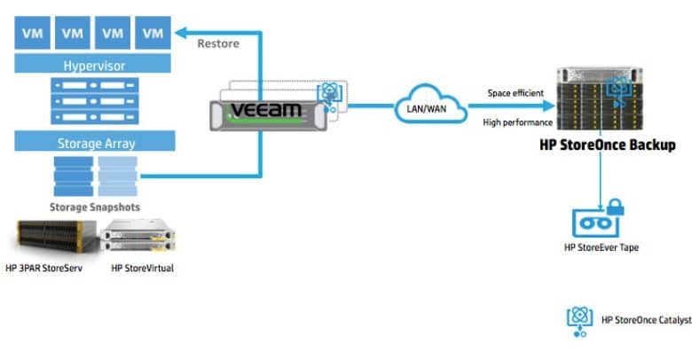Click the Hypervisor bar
pos(92,64)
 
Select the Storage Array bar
pos(95,141)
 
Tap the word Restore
pos(218,43)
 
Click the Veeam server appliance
pos(268,115)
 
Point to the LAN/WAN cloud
pos(430,105)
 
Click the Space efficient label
pos(515,93)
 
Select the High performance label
pos(518,122)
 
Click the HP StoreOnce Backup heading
pos(608,145)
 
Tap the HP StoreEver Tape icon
pos(598,219)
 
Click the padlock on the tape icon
pos(615,207)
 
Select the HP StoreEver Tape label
pos(602,247)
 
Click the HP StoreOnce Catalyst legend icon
pos(580,322)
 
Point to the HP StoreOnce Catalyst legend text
pos(647,320)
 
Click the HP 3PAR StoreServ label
pos(44,268)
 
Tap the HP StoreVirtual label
pos(143,268)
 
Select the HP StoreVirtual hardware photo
pos(138,236)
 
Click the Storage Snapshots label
pos(95,207)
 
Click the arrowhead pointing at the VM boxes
pos(181,33)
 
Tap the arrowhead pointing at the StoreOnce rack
pos(548,106)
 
